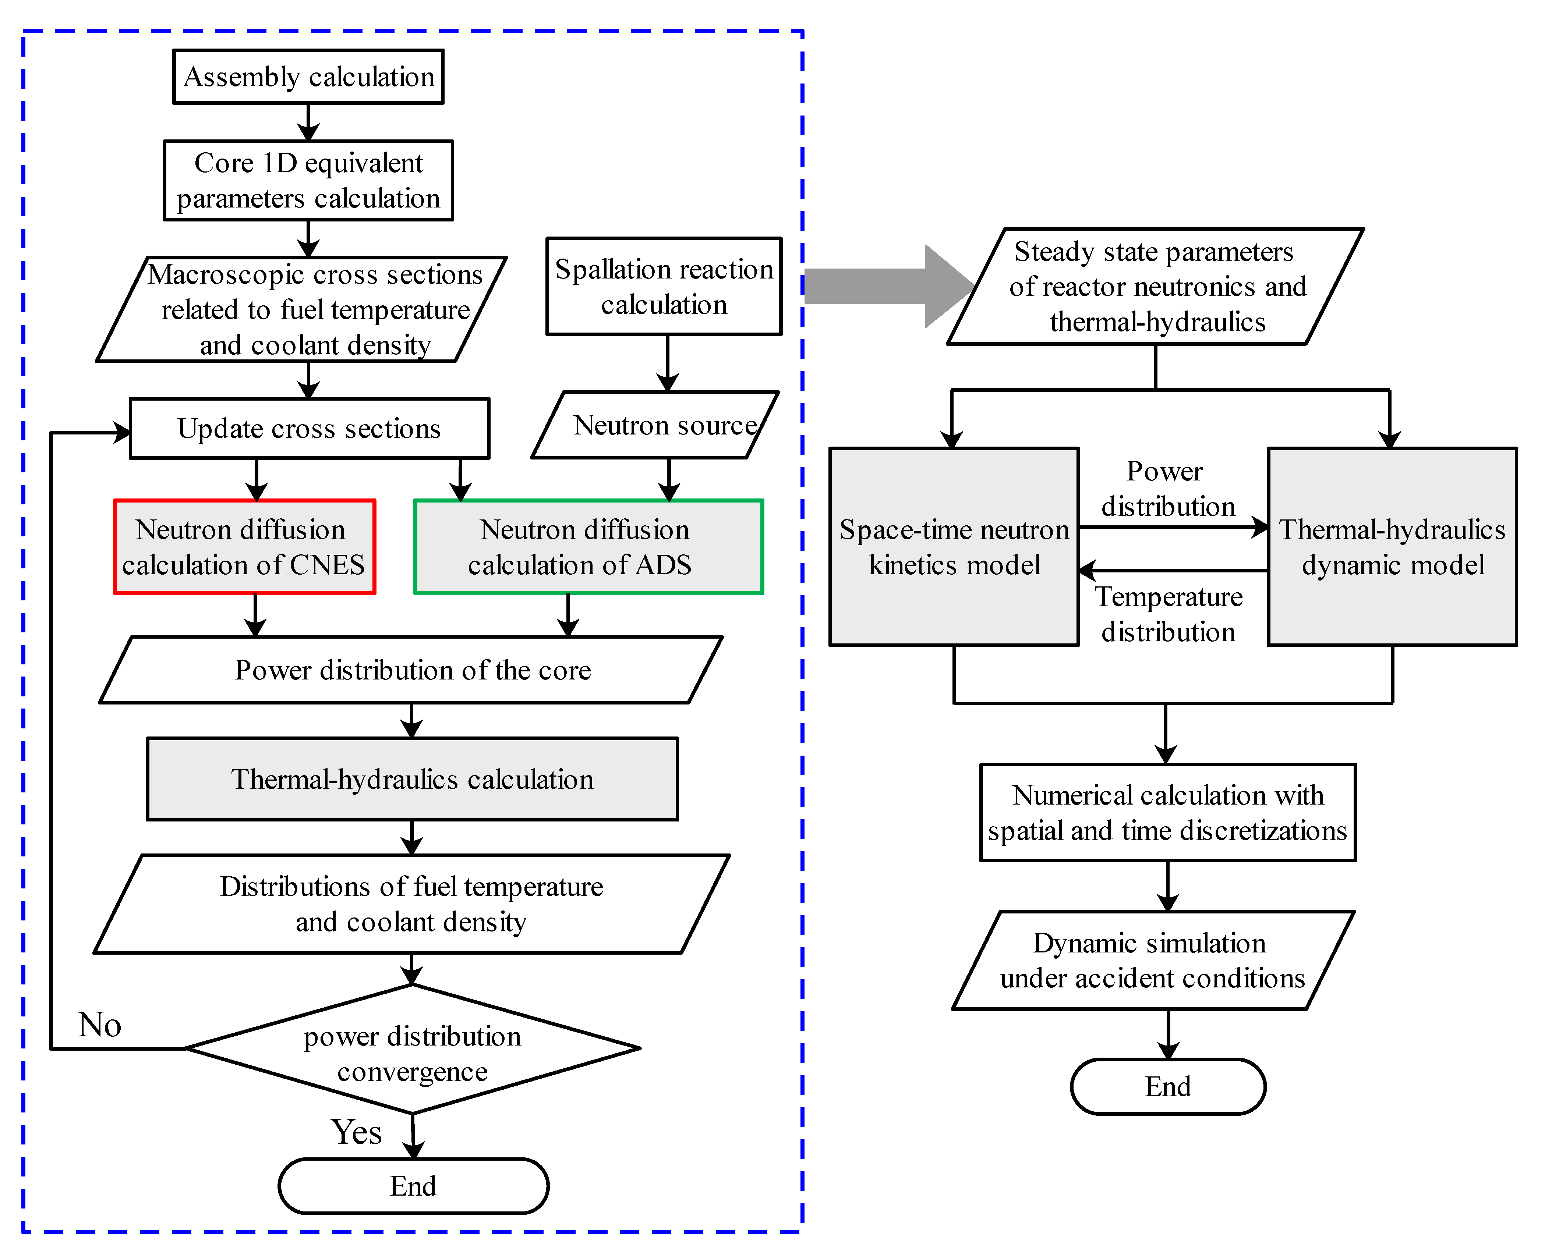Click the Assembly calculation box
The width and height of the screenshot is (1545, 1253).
[308, 77]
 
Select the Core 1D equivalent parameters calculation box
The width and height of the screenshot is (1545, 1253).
[308, 180]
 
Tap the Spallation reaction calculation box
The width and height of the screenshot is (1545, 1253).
[664, 287]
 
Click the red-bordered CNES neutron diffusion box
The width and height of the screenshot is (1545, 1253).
[244, 547]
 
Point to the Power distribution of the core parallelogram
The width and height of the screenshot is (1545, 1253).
[411, 670]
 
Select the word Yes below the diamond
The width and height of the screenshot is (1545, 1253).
[356, 1132]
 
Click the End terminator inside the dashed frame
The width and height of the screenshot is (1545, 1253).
[413, 1186]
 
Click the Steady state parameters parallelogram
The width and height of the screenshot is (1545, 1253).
[1155, 287]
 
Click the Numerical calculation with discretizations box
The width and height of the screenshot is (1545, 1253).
[1167, 813]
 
